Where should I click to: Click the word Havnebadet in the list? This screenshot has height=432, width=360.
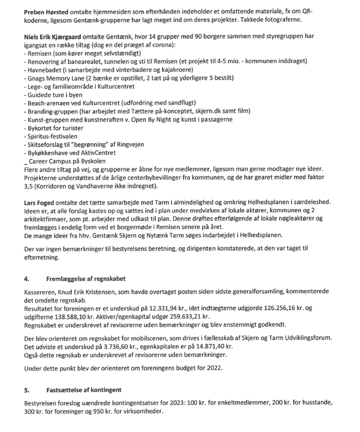point(45,69)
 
